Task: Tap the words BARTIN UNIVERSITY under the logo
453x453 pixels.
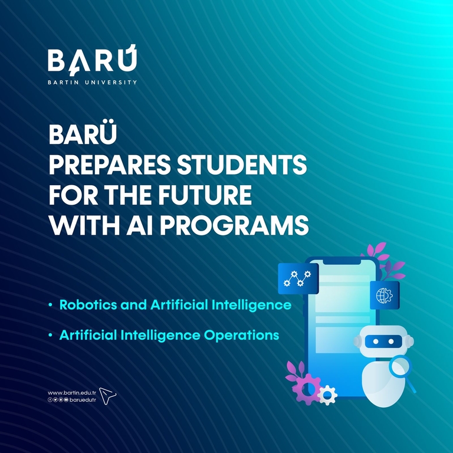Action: click(92, 83)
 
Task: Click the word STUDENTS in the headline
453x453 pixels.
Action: click(241, 164)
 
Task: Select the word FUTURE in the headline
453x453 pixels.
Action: click(205, 195)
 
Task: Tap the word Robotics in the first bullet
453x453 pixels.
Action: click(88, 305)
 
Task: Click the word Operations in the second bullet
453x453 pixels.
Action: click(241, 336)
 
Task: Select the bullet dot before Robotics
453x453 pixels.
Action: click(51, 305)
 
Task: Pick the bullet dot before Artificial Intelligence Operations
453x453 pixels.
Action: click(51, 335)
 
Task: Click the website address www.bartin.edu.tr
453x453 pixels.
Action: click(71, 393)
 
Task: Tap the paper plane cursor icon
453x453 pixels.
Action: click(107, 396)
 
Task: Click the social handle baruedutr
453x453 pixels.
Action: click(83, 400)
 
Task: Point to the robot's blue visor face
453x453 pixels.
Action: click(383, 342)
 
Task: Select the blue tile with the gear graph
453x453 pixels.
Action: click(298, 278)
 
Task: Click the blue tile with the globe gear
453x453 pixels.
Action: click(385, 296)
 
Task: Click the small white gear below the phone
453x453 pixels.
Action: click(327, 395)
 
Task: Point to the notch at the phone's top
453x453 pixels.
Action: click(342, 261)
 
